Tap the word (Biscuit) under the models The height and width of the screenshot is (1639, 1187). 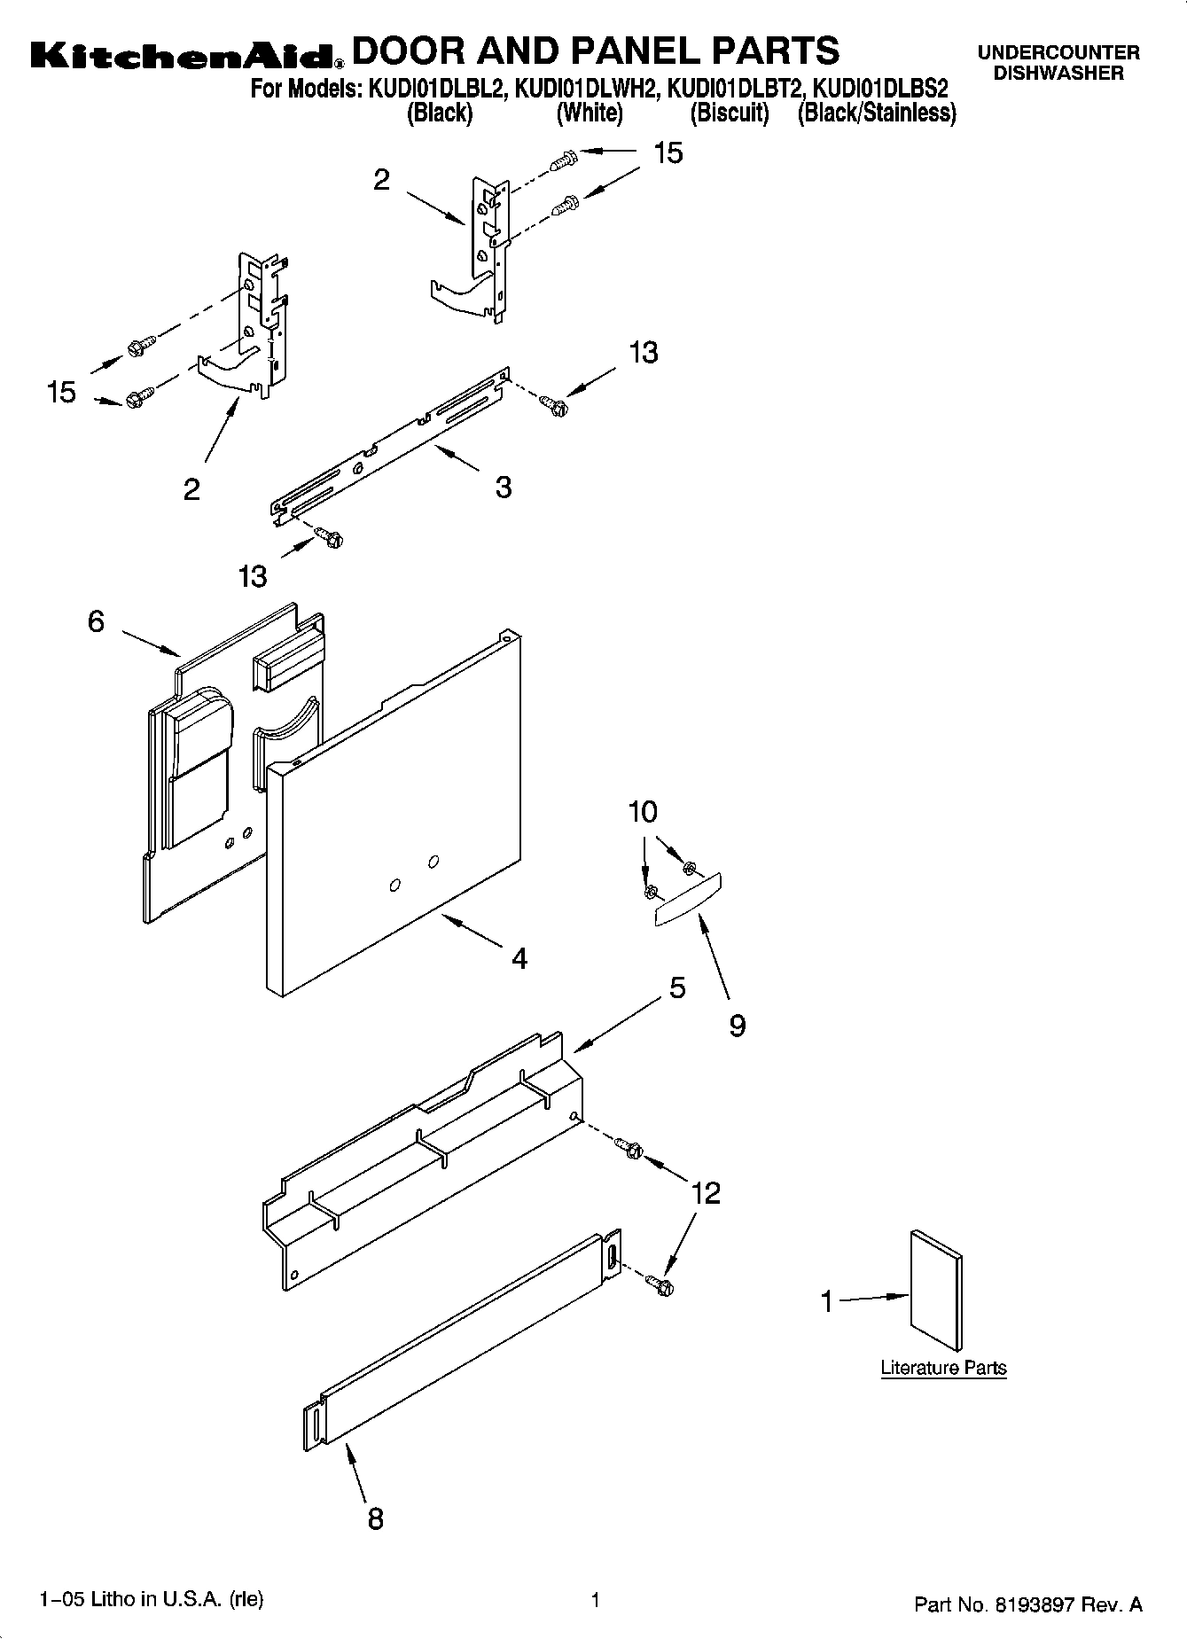tap(730, 113)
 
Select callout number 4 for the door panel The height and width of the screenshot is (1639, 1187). tap(519, 958)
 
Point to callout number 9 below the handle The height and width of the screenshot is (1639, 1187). tap(737, 1026)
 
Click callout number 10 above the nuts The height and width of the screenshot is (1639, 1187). tap(644, 812)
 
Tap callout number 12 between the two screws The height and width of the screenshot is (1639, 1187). tap(706, 1193)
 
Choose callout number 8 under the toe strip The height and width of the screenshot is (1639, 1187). tap(375, 1518)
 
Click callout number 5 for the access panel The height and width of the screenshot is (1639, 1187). tap(677, 987)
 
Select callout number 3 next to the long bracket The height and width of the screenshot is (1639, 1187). tap(503, 487)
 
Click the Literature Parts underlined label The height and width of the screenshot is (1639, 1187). tap(943, 1368)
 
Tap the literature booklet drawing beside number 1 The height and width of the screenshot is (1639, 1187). tap(936, 1290)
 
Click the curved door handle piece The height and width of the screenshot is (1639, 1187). tap(688, 901)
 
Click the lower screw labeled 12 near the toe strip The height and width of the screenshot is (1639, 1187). tap(660, 1283)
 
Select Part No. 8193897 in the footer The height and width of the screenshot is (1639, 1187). tap(1027, 1604)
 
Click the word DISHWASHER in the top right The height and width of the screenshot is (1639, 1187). tap(1058, 74)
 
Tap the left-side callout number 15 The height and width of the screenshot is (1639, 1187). tap(62, 392)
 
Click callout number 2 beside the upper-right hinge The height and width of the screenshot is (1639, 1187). tap(381, 180)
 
